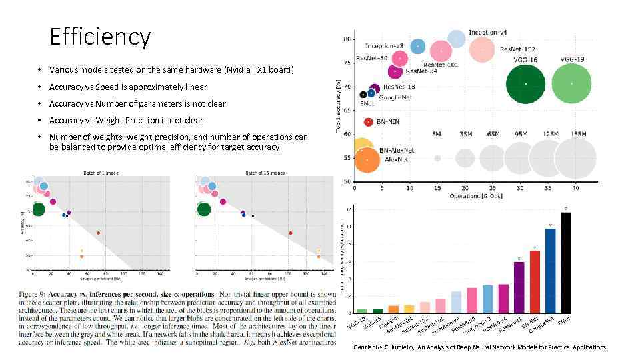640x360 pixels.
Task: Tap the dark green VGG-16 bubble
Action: pos(526,84)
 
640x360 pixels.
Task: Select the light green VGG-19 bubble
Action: pos(571,84)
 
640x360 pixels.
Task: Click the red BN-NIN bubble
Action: pos(368,122)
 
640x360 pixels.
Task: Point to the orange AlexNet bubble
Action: pos(367,161)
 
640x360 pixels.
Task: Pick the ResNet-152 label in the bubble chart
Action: pos(517,49)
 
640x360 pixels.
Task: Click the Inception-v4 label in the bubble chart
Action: pos(487,33)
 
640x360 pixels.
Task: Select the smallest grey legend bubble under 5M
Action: pos(437,159)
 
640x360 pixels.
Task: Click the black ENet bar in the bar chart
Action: pos(565,262)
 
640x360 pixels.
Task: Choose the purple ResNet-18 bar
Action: pos(519,287)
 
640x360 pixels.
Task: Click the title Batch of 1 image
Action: pos(101,173)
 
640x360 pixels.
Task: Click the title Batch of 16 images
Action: pos(265,173)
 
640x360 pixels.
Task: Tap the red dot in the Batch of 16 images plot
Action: pos(291,233)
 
